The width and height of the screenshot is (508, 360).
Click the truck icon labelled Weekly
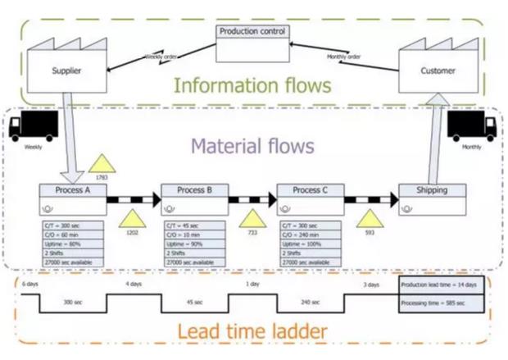click(33, 127)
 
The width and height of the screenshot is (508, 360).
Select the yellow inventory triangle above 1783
click(102, 162)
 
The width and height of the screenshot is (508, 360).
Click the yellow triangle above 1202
click(130, 220)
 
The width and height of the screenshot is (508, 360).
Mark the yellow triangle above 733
click(252, 220)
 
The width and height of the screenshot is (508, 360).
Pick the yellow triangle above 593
click(370, 220)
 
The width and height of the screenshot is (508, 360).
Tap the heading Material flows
click(253, 148)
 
